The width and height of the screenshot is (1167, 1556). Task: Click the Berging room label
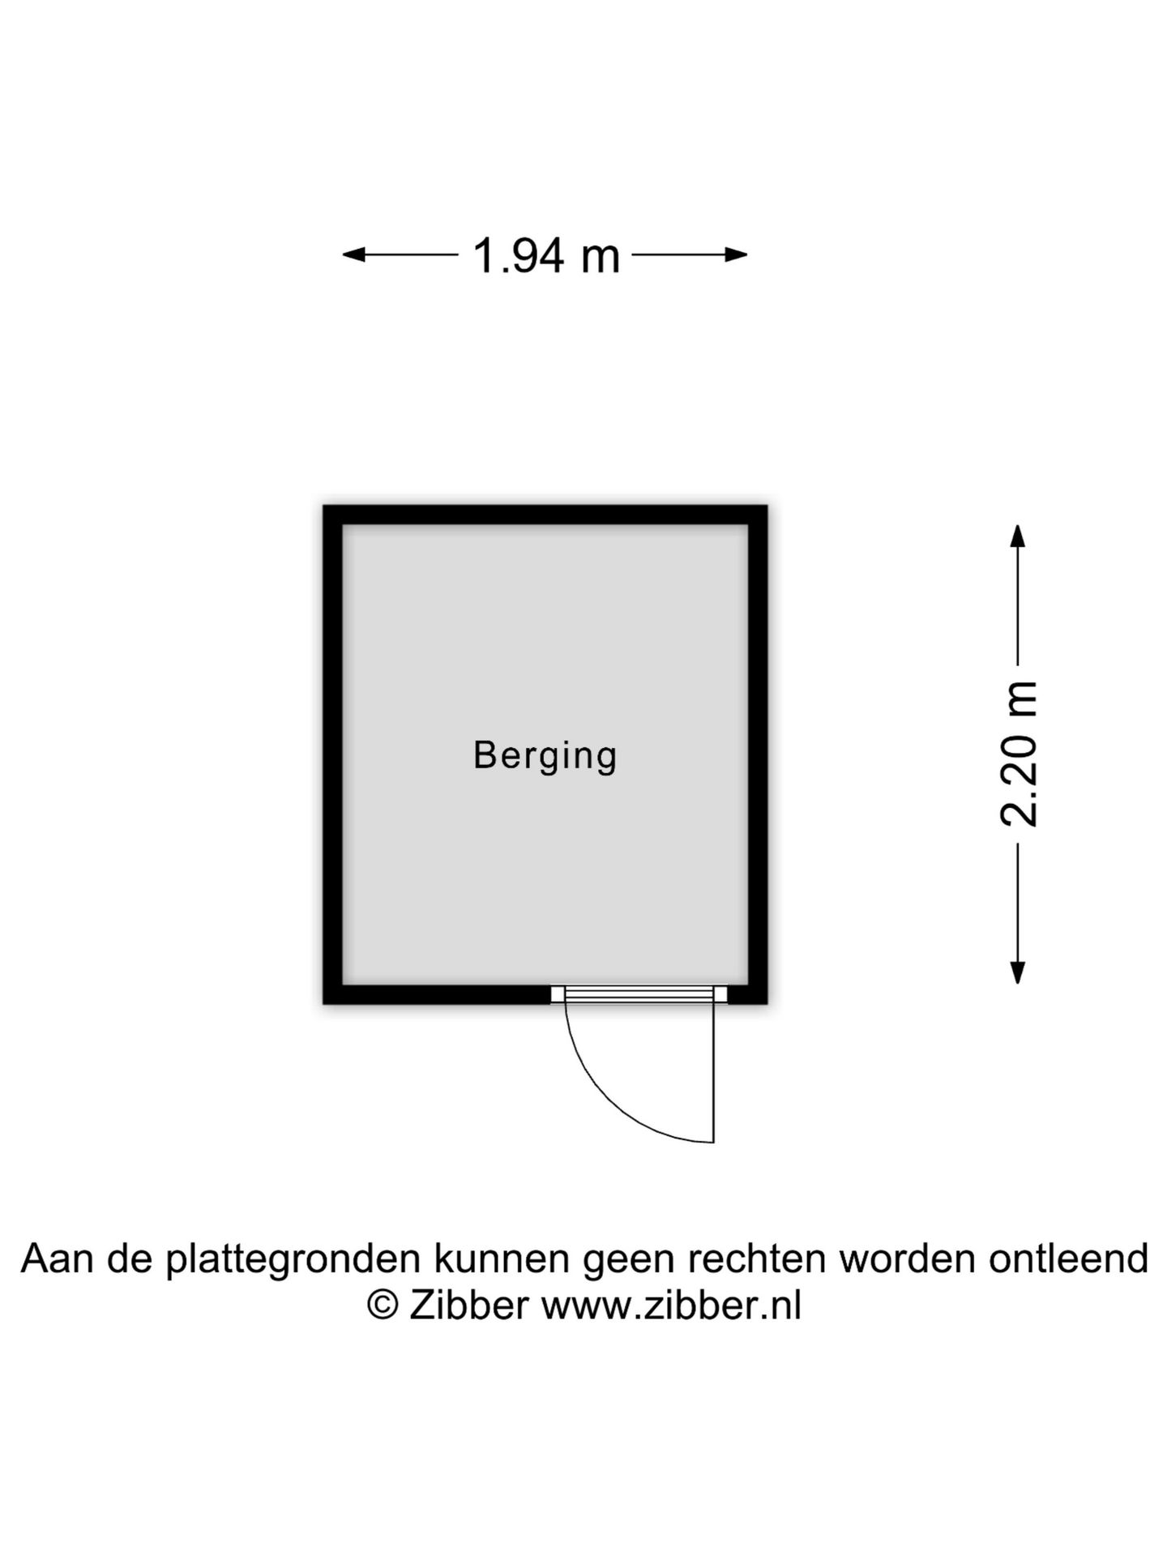point(545,756)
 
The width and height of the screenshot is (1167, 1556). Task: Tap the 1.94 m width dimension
point(545,255)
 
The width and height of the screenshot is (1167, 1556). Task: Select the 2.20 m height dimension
point(1019,754)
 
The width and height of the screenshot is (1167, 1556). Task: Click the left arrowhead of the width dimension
point(355,255)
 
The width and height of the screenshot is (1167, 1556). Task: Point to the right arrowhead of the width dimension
point(735,255)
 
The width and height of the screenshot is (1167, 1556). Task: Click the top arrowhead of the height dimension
point(1018,536)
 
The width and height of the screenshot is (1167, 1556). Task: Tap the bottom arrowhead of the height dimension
point(1018,972)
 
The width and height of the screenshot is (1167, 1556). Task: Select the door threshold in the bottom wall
point(639,994)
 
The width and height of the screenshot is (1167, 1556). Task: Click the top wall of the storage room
point(545,515)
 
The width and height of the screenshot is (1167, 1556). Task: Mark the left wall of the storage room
point(332,754)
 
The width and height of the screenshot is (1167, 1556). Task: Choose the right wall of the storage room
point(758,754)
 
